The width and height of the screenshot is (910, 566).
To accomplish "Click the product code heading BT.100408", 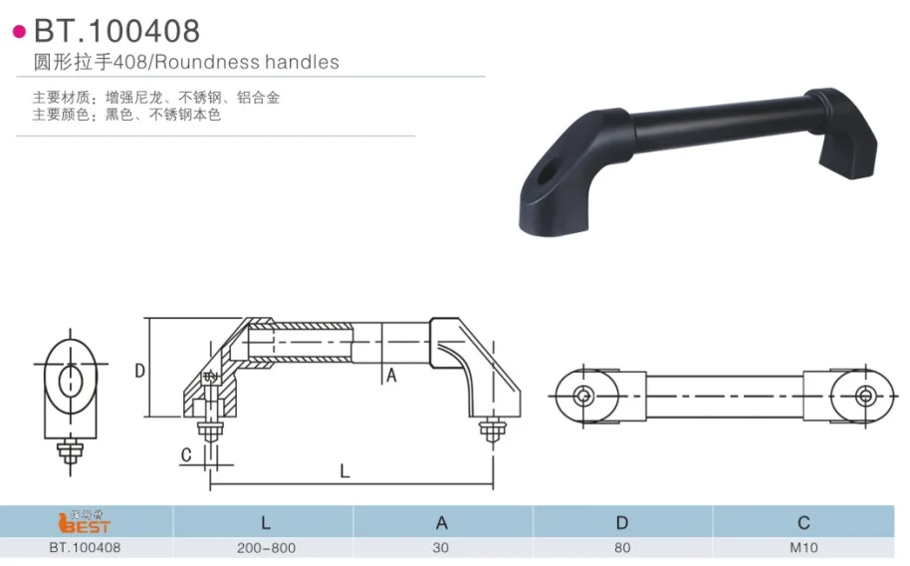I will pos(116,30).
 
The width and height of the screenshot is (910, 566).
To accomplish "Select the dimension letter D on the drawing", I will pos(140,371).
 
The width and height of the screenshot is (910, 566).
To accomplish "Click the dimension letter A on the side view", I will pos(391,376).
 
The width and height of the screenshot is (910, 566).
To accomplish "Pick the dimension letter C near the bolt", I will pos(185,455).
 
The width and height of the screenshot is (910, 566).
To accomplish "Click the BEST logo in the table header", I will pos(85,522).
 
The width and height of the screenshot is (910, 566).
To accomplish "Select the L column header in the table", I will pos(265,522).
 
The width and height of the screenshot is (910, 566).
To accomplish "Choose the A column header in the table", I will pos(442,522).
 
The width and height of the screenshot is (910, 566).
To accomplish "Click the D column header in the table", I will pos(621,522).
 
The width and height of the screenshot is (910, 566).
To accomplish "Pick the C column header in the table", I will pos(803,522).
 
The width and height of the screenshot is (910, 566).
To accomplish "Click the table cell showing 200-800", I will pos(265,547).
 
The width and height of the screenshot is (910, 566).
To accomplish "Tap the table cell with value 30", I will pos(442,547).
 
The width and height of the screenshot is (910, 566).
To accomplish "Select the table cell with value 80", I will pos(621,547).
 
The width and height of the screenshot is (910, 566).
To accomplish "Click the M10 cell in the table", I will pos(803,547).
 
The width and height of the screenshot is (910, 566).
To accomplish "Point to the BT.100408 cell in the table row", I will pos(85,547).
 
